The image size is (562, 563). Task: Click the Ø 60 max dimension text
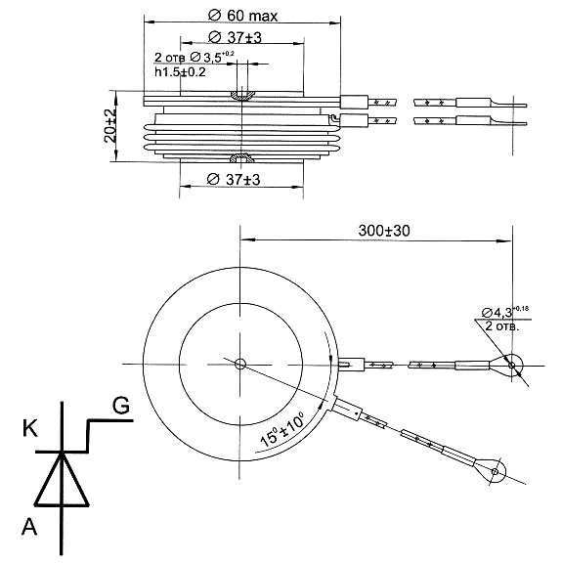point(243,16)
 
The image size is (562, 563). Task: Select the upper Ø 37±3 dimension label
point(235,37)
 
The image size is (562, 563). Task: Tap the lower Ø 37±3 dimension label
point(234,179)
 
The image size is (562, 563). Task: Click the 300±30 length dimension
point(384,231)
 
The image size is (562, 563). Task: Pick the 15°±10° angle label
point(281,429)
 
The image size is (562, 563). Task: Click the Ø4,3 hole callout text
point(505,311)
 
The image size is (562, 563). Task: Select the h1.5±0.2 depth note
point(180,71)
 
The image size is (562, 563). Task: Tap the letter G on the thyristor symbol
point(120,406)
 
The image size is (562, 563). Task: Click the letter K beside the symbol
point(29,428)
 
